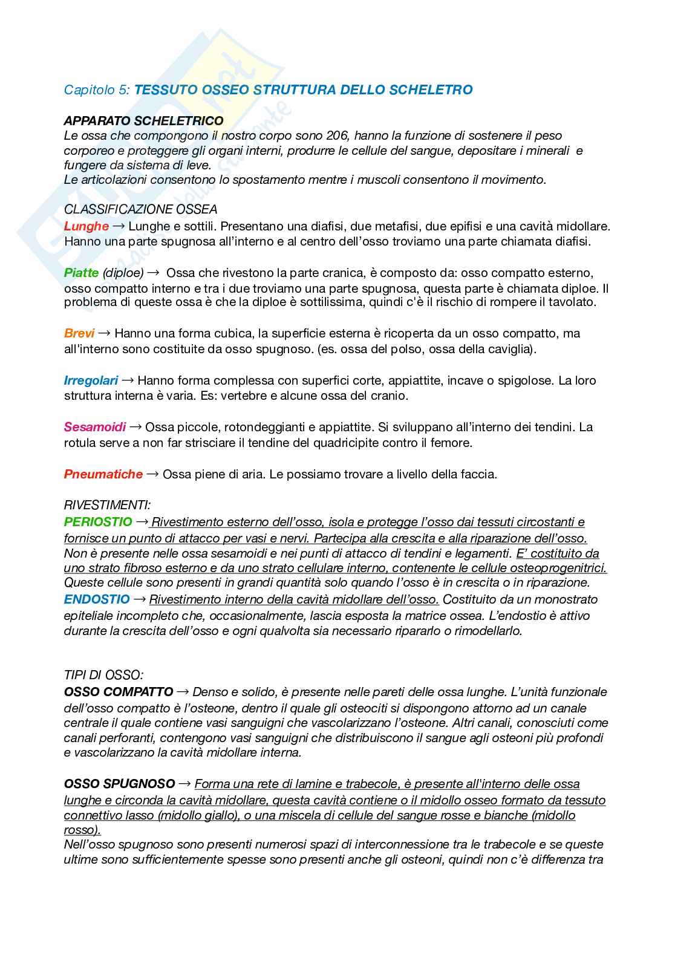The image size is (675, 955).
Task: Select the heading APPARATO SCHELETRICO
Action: (143, 121)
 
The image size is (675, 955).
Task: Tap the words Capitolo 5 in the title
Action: (97, 90)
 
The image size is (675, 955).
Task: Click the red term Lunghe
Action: (86, 226)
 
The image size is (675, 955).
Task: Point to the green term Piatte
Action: (81, 273)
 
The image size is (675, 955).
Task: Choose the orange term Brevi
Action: (79, 333)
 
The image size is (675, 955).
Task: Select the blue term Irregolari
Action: (91, 380)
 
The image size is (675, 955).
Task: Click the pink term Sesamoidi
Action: (95, 427)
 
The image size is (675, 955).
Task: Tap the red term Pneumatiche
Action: (103, 474)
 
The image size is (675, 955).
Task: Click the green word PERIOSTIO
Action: (98, 521)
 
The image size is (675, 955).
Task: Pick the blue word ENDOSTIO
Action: (97, 599)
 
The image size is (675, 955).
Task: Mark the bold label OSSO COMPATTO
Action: (119, 691)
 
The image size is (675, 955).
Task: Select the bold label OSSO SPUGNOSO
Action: (120, 784)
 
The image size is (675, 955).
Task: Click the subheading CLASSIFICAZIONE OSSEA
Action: (140, 209)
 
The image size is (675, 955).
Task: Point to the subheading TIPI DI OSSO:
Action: (103, 675)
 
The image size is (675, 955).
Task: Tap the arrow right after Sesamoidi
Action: (135, 427)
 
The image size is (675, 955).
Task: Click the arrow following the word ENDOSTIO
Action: (139, 599)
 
